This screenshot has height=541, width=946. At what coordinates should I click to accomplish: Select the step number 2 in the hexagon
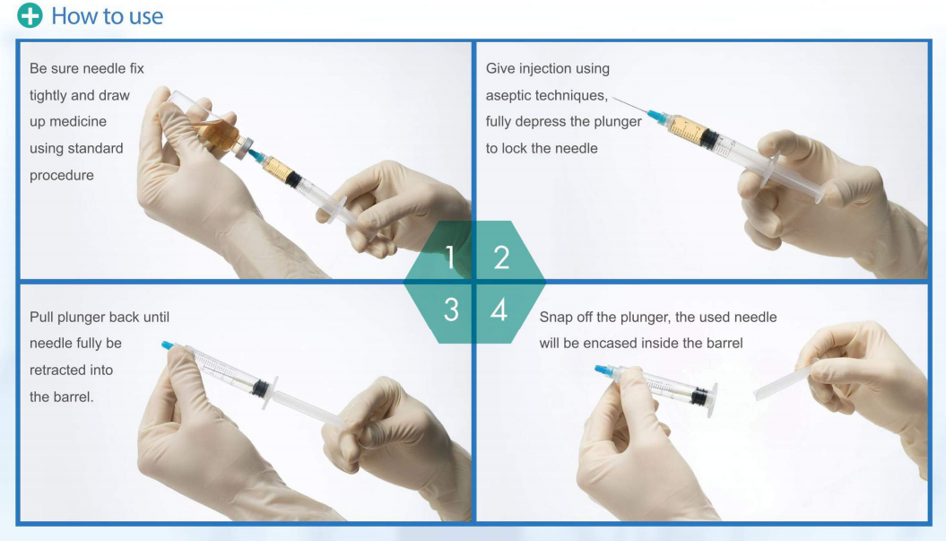pos(501,258)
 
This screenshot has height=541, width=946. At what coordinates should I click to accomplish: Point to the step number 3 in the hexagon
pos(452,310)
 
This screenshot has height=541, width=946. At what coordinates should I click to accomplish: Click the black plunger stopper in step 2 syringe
pos(709,140)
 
